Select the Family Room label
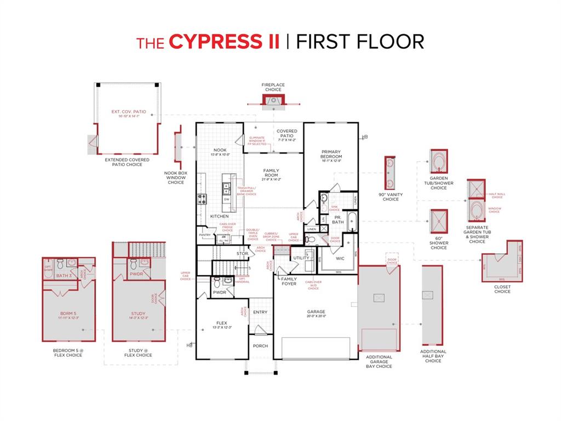coord(271,173)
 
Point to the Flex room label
coord(222,323)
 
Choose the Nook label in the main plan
coord(220,150)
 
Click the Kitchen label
coord(220,216)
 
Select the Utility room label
coord(301,258)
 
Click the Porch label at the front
coord(260,346)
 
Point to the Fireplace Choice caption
coord(273,87)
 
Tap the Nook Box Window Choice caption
coord(176,178)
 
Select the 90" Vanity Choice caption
coord(391,197)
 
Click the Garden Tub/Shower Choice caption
coord(438,183)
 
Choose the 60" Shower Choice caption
coord(438,242)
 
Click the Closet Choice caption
coord(502,289)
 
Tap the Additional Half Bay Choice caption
coord(433,356)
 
